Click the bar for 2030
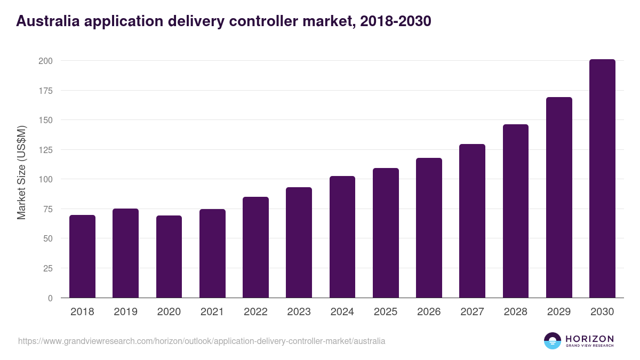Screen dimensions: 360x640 coord(602,179)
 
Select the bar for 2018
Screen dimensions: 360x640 coord(82,257)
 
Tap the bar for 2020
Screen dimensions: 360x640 coord(169,257)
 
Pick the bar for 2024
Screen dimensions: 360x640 coord(342,237)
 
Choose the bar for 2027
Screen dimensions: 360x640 coord(472,221)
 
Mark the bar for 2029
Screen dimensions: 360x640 coord(559,197)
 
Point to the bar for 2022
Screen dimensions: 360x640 coord(255,247)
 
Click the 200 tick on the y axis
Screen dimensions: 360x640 coord(46,61)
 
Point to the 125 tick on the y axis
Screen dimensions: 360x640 coord(46,150)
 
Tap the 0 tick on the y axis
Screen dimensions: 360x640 coord(50,298)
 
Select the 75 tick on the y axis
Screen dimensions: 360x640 coord(48,209)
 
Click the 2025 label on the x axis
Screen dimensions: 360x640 coord(386,312)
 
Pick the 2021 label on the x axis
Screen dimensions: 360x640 coord(212,312)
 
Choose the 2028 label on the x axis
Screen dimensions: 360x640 coord(516,312)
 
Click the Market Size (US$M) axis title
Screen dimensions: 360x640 coord(22,173)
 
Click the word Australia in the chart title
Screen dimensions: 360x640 coord(46,21)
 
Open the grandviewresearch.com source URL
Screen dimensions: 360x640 coord(202,341)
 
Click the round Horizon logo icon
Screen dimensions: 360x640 coord(553,341)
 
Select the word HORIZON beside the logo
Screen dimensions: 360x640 coord(589,339)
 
